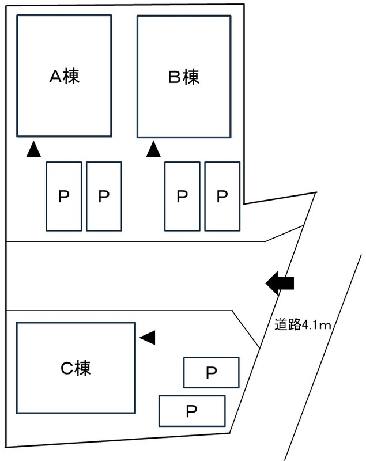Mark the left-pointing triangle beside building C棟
[x=148, y=337]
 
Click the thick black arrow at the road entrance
[x=280, y=283]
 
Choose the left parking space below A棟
[x=63, y=197]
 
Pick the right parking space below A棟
[x=104, y=197]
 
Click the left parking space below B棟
[x=182, y=197]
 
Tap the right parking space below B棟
[x=222, y=197]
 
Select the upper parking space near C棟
[x=211, y=373]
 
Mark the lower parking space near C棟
[x=192, y=411]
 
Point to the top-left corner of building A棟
[x=17, y=16]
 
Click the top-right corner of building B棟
[x=229, y=16]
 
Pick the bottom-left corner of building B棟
[x=138, y=137]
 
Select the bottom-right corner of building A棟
[x=111, y=137]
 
